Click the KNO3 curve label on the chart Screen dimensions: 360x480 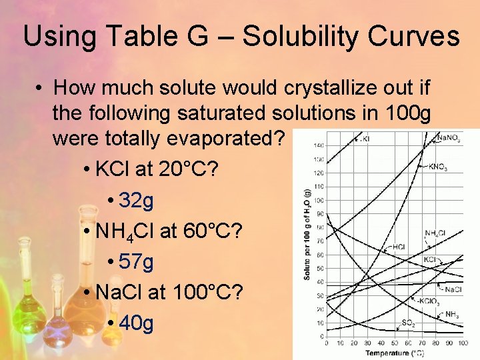[438, 167]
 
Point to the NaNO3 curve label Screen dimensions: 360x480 [448, 138]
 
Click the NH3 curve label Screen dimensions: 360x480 [451, 315]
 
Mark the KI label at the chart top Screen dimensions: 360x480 [364, 139]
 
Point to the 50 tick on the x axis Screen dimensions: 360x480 [395, 343]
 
